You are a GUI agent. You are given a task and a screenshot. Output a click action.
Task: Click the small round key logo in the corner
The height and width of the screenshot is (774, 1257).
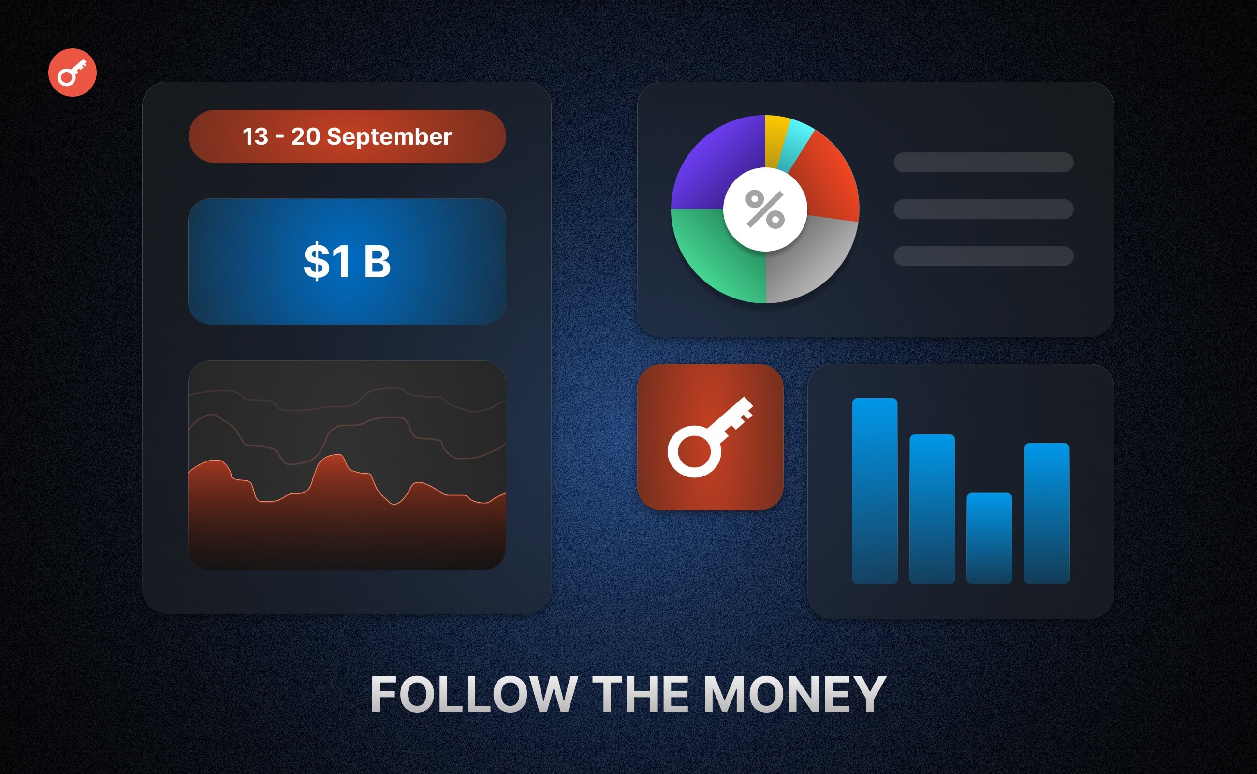pyautogui.click(x=72, y=72)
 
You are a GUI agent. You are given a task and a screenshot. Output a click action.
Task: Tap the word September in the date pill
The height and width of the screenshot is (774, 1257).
pyautogui.click(x=389, y=137)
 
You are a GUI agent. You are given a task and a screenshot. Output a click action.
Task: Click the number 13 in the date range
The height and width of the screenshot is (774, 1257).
pyautogui.click(x=255, y=137)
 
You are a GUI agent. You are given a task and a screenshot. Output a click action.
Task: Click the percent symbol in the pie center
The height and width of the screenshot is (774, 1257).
pyautogui.click(x=765, y=209)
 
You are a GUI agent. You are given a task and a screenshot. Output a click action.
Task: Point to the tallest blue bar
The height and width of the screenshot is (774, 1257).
pyautogui.click(x=874, y=491)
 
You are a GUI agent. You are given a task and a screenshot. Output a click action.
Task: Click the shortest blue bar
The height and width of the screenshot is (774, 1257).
pyautogui.click(x=989, y=538)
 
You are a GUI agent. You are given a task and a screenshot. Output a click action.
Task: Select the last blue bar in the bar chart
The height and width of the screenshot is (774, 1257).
pyautogui.click(x=1047, y=513)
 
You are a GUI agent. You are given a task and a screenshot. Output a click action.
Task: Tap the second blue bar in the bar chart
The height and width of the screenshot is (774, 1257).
pyautogui.click(x=932, y=509)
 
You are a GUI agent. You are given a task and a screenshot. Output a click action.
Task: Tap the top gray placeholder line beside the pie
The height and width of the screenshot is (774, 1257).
pyautogui.click(x=983, y=162)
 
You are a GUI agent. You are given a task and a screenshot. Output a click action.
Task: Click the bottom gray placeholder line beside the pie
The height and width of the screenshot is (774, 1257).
pyautogui.click(x=983, y=256)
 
